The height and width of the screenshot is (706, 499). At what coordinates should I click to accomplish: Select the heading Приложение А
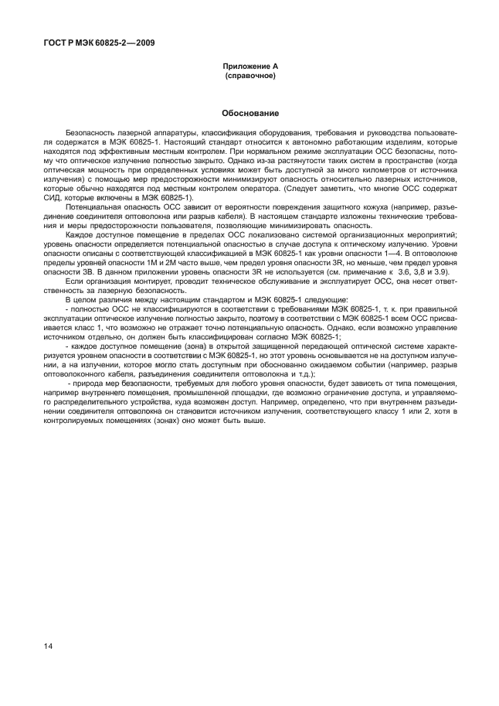click(249, 68)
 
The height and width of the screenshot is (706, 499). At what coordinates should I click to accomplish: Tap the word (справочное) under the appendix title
click(249, 77)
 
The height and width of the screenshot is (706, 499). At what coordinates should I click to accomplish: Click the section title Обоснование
click(249, 113)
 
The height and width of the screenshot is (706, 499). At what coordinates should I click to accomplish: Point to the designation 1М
click(141, 260)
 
